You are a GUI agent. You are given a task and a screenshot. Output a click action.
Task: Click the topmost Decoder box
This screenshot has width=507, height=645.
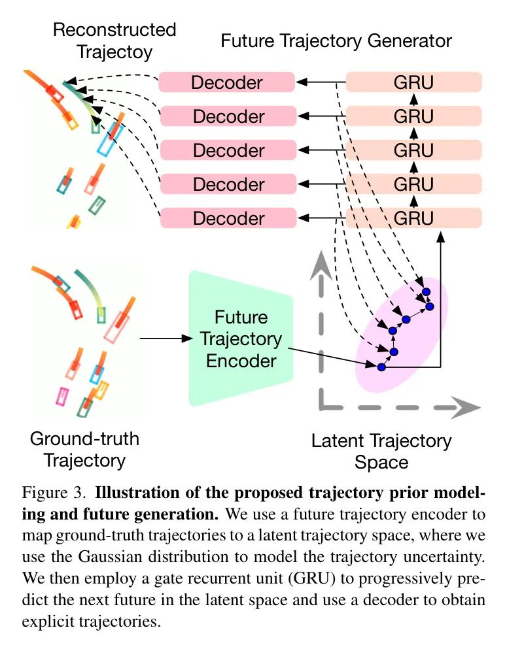[227, 82]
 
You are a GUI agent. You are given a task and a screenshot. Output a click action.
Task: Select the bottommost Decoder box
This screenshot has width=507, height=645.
[228, 218]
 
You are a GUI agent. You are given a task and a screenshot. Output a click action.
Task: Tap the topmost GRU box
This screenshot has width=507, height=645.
[414, 82]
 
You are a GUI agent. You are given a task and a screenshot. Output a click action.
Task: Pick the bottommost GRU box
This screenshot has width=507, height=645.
[414, 218]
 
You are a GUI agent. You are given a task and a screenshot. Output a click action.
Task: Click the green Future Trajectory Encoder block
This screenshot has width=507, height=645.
[241, 339]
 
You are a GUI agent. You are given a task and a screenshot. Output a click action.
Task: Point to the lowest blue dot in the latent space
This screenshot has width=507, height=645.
[381, 367]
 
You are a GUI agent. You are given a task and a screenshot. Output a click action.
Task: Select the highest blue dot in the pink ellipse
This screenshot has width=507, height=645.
[427, 291]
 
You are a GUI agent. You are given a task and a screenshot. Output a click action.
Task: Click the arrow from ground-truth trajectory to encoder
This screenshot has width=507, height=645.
[166, 338]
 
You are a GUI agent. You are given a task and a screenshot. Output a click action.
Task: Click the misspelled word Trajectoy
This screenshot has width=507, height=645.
[114, 52]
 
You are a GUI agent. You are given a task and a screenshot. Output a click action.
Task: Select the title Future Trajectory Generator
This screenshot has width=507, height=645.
[336, 41]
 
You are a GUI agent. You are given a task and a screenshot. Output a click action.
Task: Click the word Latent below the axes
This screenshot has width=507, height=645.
[338, 440]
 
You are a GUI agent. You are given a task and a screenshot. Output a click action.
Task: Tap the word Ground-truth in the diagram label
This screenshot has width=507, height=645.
[84, 439]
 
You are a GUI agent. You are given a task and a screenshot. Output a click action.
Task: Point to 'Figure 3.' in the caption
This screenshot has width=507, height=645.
[54, 492]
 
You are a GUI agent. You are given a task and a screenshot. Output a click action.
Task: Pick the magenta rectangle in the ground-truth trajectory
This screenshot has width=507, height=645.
[62, 396]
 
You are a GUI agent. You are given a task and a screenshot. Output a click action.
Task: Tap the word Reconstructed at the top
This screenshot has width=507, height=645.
[114, 30]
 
